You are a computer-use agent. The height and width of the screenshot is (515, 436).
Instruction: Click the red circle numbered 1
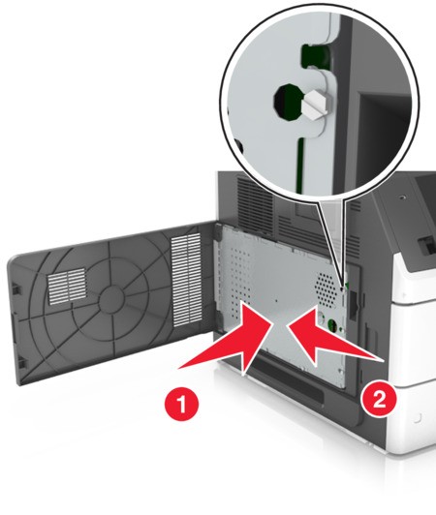tap(181, 404)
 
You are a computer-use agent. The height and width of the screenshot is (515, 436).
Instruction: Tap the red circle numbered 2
tap(379, 400)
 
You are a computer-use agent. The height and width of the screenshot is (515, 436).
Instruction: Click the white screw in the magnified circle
tap(315, 103)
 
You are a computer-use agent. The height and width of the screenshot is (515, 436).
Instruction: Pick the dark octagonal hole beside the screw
tap(287, 102)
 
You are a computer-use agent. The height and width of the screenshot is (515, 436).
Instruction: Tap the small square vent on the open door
tap(68, 286)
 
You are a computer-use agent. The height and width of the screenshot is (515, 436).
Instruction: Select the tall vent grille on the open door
tap(186, 280)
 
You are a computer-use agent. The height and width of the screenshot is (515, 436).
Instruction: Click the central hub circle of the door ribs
tap(111, 298)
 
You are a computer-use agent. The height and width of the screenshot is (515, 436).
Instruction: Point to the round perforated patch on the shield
tap(326, 289)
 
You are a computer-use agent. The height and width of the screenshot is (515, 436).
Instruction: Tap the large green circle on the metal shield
tap(331, 325)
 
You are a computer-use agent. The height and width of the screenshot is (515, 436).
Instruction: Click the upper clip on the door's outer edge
tap(16, 289)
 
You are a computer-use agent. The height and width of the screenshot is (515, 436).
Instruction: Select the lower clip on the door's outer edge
tap(21, 363)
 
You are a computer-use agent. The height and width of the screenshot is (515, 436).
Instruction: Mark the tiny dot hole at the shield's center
tap(276, 300)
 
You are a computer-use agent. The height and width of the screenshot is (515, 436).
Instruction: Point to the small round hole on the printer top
tap(401, 197)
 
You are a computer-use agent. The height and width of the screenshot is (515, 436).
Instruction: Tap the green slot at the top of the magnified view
tap(312, 54)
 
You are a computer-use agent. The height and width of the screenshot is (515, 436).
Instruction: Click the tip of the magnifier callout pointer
tap(343, 289)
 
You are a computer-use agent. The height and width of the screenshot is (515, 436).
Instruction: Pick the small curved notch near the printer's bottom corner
tap(418, 418)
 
